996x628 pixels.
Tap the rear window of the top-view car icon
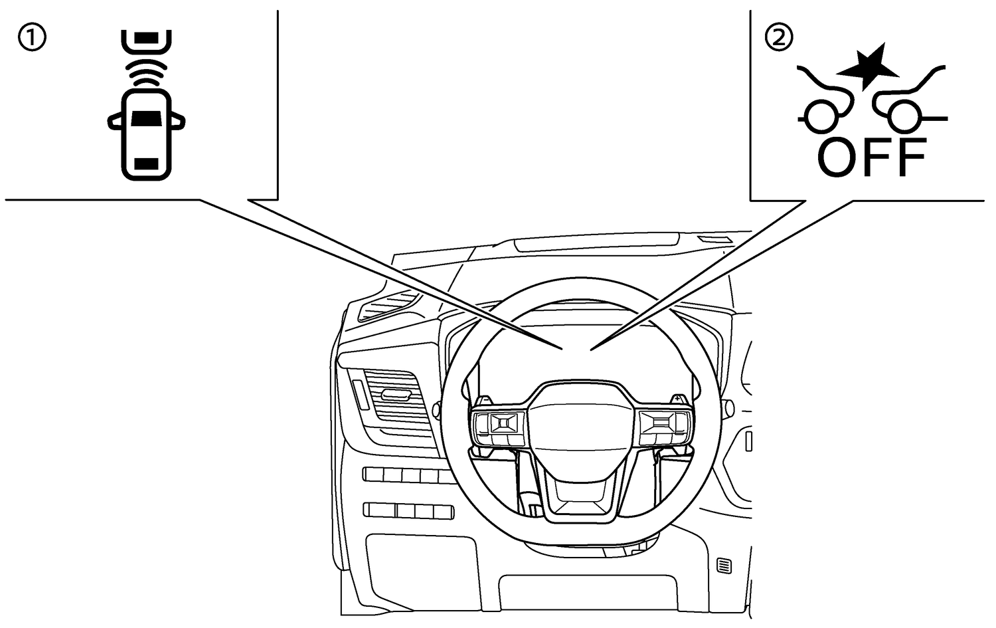(x=146, y=163)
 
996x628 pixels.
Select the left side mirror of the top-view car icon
(x=115, y=122)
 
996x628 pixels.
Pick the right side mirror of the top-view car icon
(x=178, y=122)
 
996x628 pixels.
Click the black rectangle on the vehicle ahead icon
(x=146, y=38)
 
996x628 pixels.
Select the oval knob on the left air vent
(x=395, y=394)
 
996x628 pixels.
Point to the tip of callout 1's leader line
(x=563, y=350)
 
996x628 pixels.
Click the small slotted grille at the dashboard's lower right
(x=724, y=566)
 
